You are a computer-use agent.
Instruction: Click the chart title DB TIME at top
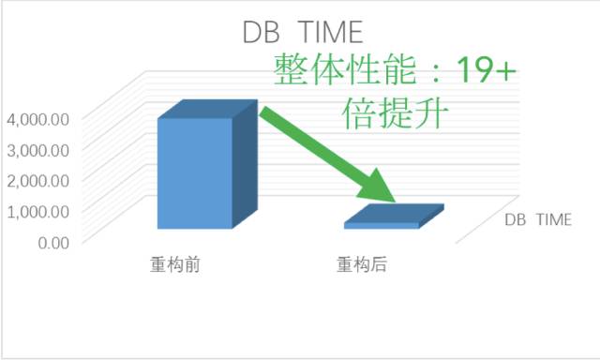pyautogui.click(x=303, y=32)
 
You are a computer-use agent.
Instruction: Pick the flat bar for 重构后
pyautogui.click(x=394, y=217)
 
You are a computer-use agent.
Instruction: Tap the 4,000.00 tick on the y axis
pyautogui.click(x=38, y=120)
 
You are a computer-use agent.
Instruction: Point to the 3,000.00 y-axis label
pyautogui.click(x=38, y=150)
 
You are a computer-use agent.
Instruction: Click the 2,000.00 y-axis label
pyautogui.click(x=38, y=181)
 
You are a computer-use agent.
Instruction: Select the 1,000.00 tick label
pyautogui.click(x=38, y=212)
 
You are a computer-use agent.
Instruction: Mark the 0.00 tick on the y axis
pyautogui.click(x=53, y=243)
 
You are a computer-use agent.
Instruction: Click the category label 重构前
pyautogui.click(x=175, y=264)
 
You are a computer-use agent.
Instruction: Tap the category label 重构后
pyautogui.click(x=362, y=264)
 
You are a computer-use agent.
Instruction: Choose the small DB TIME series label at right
pyautogui.click(x=538, y=219)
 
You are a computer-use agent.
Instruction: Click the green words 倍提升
pyautogui.click(x=395, y=112)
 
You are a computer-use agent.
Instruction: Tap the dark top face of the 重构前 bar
pyautogui.click(x=208, y=109)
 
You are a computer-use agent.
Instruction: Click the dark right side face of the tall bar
pyautogui.click(x=245, y=164)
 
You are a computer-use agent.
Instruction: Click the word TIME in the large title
pyautogui.click(x=330, y=32)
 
